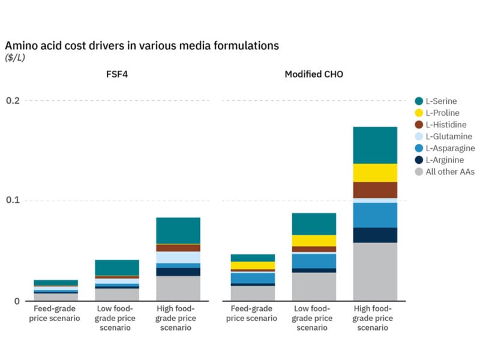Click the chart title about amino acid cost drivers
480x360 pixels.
click(142, 46)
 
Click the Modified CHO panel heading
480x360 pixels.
click(314, 74)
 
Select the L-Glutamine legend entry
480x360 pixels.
click(448, 136)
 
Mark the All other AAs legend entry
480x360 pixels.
click(450, 172)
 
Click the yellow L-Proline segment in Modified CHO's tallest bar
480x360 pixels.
click(375, 173)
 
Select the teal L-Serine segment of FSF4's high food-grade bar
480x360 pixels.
click(178, 230)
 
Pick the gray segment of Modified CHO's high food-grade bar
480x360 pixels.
click(375, 271)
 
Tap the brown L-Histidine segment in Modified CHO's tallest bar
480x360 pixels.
click(375, 190)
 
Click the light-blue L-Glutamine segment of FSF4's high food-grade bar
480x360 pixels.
click(178, 257)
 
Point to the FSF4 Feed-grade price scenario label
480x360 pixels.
click(56, 314)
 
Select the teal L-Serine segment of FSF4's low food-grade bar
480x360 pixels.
click(117, 268)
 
